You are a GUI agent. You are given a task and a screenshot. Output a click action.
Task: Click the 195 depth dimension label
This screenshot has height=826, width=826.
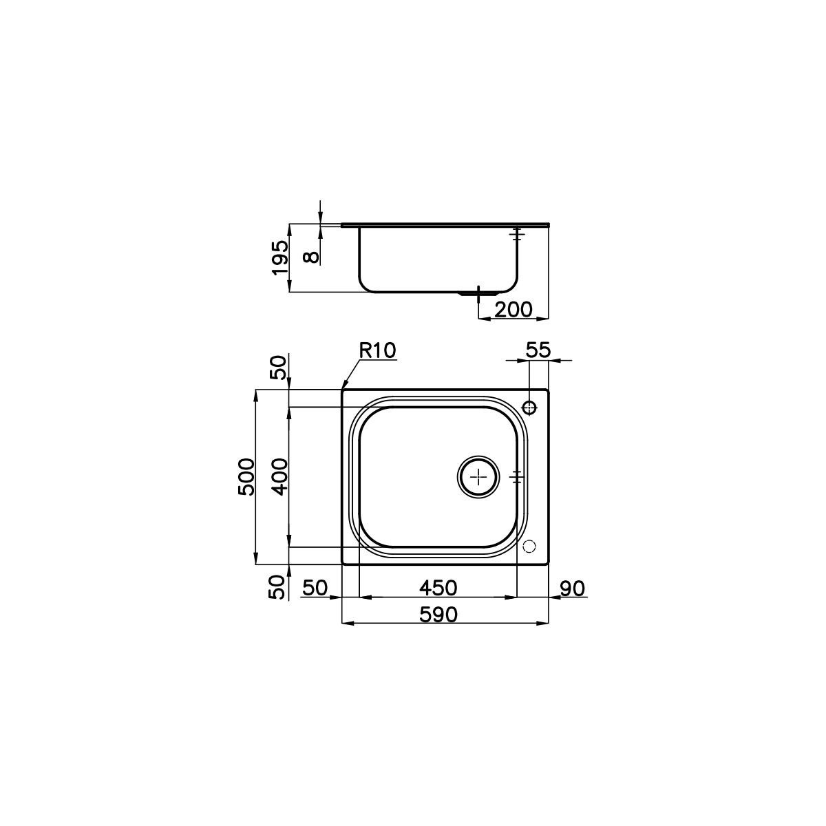click(x=279, y=257)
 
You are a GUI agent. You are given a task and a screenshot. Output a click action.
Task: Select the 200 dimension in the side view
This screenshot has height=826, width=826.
click(x=513, y=310)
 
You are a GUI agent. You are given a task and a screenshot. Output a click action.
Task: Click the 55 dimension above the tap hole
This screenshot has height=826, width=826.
click(x=538, y=350)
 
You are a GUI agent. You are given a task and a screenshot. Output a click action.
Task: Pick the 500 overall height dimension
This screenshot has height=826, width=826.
click(x=246, y=476)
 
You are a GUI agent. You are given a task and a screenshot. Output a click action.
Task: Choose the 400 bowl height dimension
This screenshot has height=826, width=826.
click(x=279, y=476)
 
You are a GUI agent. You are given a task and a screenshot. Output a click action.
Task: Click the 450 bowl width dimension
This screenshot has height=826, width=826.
click(x=438, y=588)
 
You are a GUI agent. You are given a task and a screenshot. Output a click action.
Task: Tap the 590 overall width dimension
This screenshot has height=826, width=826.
click(x=438, y=615)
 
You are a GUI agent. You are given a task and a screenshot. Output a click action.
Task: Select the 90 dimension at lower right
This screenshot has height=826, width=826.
click(x=572, y=589)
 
